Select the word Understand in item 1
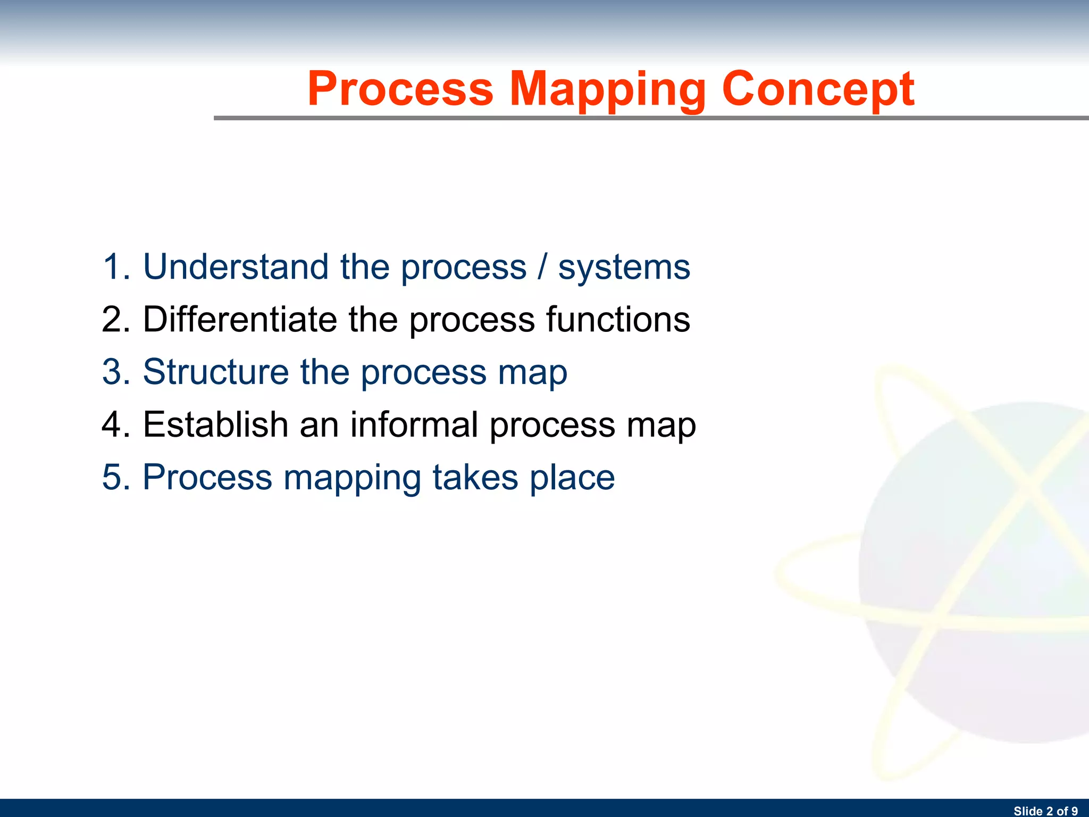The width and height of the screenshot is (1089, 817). tap(236, 266)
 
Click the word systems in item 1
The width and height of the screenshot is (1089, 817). tap(624, 268)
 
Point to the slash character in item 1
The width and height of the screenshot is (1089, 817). tap(542, 266)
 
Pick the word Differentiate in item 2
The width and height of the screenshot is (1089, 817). tap(240, 319)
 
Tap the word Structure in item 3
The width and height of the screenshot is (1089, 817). tap(215, 372)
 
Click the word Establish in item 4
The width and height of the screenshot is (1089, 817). tap(215, 424)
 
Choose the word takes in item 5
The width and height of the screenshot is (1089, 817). tap(475, 477)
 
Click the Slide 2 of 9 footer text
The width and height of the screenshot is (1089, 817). tap(1045, 811)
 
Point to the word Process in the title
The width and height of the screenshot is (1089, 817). tap(400, 89)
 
